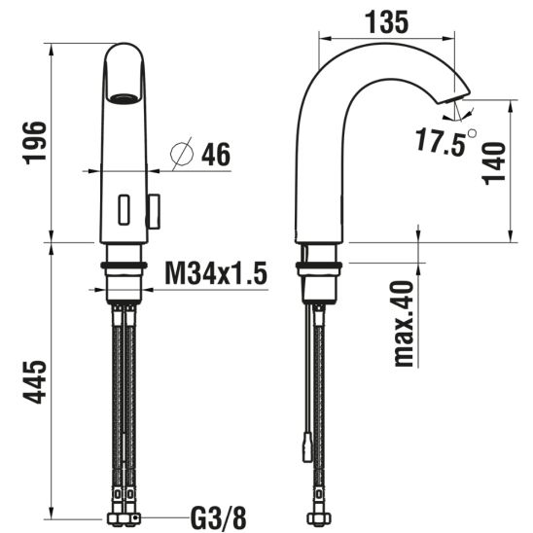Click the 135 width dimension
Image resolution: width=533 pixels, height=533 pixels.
(386, 22)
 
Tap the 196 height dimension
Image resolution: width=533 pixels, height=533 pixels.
(34, 143)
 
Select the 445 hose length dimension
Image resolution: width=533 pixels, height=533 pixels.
(34, 381)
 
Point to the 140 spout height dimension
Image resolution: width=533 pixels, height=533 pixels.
(495, 163)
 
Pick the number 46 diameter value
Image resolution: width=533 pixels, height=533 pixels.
(216, 155)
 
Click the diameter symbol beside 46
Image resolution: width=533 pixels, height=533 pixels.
(182, 154)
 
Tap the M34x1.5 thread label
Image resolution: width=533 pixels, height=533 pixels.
(216, 273)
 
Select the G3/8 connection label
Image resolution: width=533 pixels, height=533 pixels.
(218, 517)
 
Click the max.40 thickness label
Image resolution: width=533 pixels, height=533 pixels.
(404, 324)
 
